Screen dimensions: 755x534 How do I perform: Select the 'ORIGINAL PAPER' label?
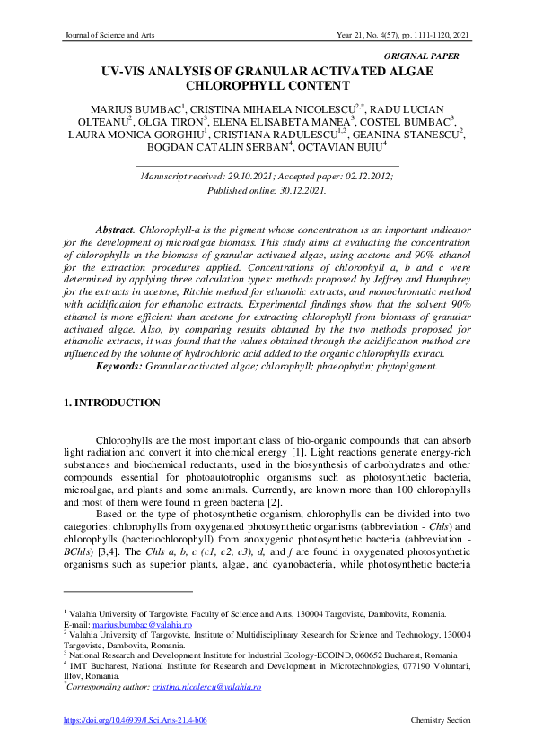[421, 56]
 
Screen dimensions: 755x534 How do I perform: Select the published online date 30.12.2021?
[300, 190]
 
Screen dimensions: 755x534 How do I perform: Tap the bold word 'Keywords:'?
[119, 366]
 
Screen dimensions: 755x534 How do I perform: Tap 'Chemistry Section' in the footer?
[440, 720]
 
